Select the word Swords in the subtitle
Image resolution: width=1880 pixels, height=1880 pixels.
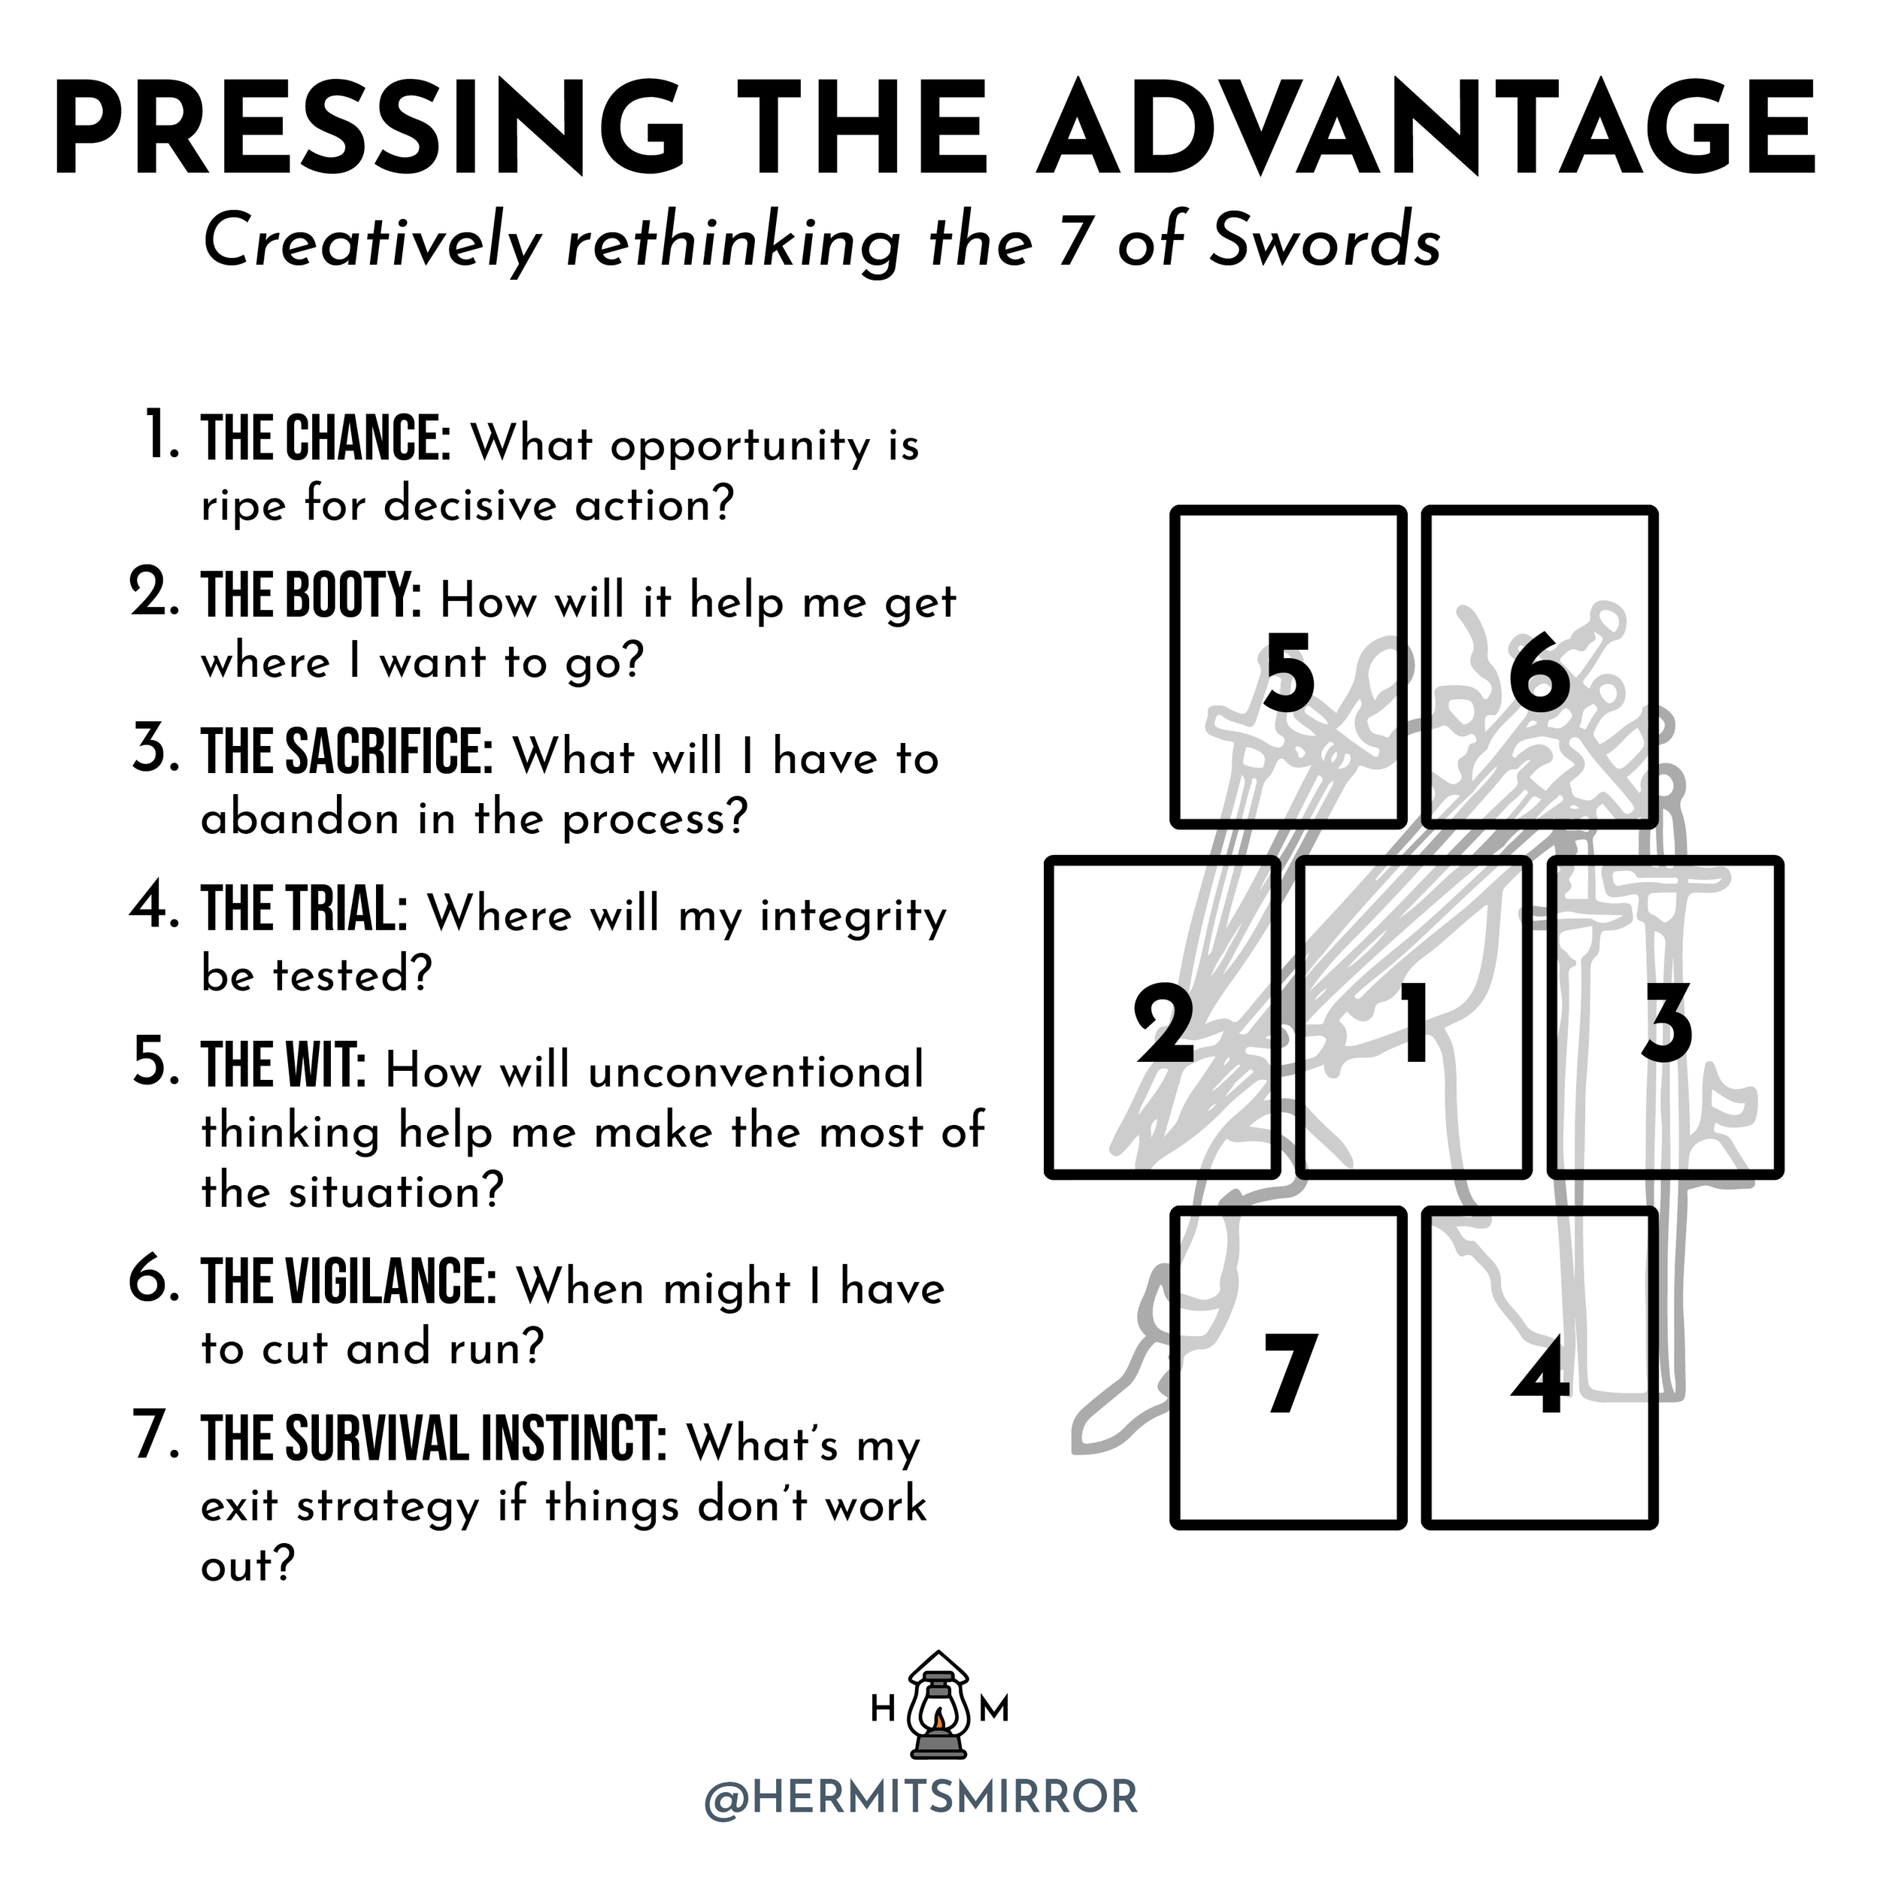1324,241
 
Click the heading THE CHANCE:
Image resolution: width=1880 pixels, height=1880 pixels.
326,439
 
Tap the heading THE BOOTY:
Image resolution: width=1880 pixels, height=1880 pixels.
311,596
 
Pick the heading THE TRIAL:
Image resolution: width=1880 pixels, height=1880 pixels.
305,909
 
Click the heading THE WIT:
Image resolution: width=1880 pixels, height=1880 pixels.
284,1066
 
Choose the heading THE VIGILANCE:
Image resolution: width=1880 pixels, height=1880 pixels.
350,1282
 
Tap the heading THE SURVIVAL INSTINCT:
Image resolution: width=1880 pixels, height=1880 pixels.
434,1439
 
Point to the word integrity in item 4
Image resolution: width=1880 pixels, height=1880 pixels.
853,917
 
